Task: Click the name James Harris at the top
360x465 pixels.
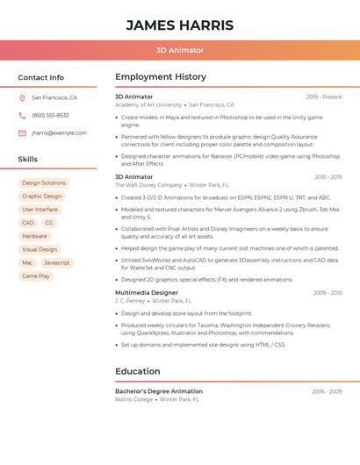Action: (x=179, y=25)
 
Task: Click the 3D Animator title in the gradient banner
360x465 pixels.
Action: (x=180, y=51)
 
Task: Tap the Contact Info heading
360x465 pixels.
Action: (x=41, y=77)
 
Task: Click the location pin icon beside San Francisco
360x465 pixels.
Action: (x=22, y=98)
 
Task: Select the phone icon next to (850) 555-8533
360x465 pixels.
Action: (x=22, y=116)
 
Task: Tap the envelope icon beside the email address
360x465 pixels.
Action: (x=22, y=133)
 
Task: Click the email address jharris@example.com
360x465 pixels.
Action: (x=59, y=133)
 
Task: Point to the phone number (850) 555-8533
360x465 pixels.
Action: (x=50, y=116)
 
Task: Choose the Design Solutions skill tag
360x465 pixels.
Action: (x=44, y=183)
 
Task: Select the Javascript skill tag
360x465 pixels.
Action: (x=56, y=263)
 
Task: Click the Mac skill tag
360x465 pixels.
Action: (x=27, y=263)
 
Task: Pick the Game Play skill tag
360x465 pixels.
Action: (x=36, y=276)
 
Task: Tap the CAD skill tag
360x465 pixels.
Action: (x=28, y=223)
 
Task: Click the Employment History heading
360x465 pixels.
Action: (x=161, y=77)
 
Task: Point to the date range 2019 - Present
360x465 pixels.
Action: (x=324, y=97)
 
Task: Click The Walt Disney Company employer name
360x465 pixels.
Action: (x=148, y=185)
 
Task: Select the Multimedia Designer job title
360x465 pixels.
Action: (x=147, y=292)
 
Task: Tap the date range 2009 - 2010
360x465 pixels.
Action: (x=328, y=292)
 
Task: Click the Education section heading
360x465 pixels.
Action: (x=138, y=372)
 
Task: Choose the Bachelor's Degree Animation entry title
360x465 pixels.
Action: (x=159, y=391)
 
